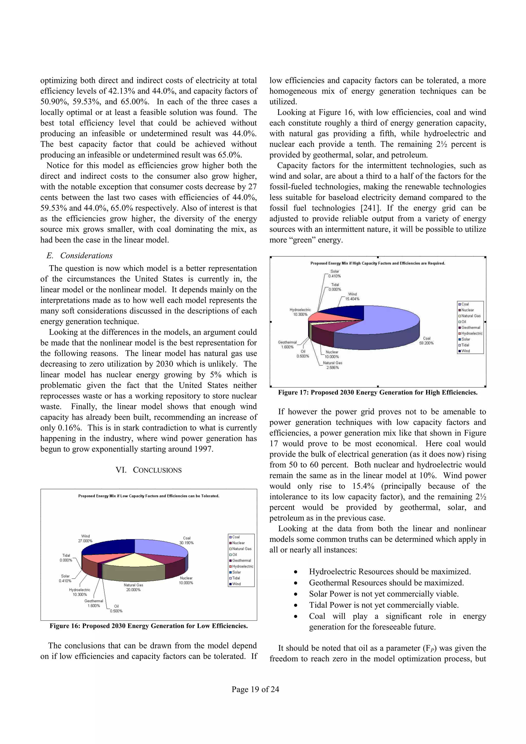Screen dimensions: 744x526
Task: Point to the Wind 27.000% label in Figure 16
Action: (85, 539)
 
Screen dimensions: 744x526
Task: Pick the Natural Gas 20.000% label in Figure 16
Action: (133, 587)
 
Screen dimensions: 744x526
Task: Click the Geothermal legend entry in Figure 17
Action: (470, 328)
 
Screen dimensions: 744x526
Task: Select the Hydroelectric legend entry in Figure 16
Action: (242, 566)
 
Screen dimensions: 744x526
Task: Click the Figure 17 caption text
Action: (378, 393)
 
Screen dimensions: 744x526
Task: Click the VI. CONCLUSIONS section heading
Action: (148, 470)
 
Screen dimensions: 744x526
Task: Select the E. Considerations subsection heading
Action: (80, 256)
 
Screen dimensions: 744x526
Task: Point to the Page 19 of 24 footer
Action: (255, 689)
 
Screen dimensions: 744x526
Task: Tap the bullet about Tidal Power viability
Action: (383, 605)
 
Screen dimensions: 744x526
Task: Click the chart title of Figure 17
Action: (378, 263)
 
